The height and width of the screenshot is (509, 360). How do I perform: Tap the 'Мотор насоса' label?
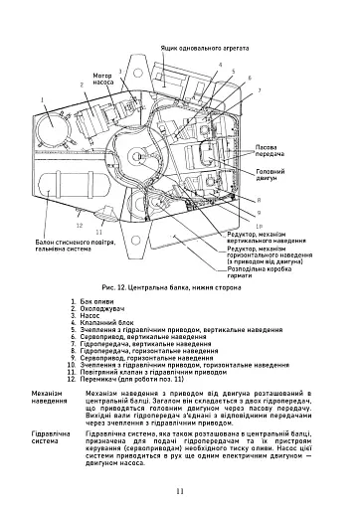pyautogui.click(x=102, y=79)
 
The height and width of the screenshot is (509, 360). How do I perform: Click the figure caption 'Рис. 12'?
pyautogui.click(x=179, y=286)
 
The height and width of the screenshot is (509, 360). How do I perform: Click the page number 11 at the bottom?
pyautogui.click(x=179, y=491)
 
